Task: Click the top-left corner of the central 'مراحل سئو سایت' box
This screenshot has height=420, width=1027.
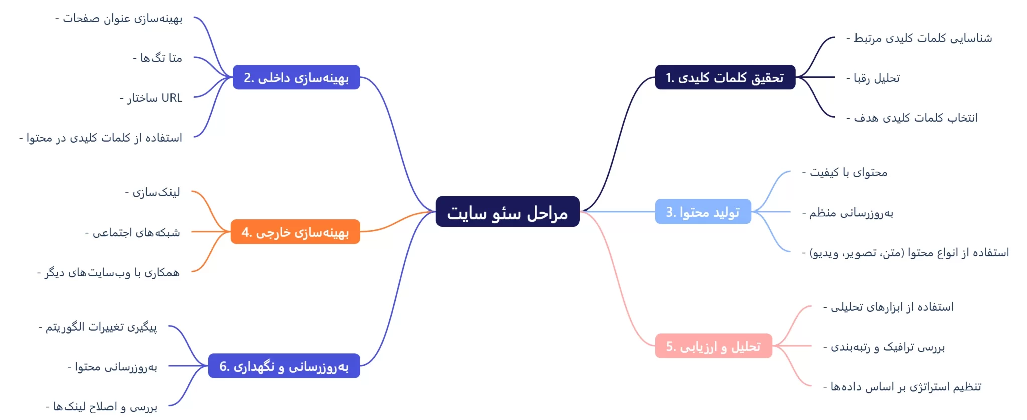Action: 436,196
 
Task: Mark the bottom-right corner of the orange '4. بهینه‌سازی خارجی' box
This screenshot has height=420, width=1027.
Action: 360,244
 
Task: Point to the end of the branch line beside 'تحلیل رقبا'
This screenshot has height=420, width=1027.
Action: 834,77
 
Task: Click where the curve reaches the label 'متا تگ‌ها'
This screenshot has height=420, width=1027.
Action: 194,58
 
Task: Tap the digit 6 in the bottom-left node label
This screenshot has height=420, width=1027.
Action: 223,366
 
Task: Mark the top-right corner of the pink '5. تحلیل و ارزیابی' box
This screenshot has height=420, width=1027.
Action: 772,334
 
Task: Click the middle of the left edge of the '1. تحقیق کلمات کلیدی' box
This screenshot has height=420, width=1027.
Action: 655,77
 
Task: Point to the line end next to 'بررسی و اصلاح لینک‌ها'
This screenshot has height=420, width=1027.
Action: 169,405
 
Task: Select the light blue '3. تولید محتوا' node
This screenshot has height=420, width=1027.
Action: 703,212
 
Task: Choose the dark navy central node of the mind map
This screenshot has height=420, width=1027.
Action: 507,212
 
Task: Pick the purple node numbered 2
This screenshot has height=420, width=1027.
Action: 296,77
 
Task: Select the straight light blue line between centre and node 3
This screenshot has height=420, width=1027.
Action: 617,212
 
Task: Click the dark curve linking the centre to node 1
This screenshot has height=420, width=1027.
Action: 617,144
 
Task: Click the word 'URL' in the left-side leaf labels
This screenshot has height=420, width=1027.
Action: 172,98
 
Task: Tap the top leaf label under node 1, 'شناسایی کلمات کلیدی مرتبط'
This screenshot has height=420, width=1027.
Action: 919,38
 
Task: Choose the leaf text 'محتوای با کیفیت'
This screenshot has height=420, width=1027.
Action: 844,173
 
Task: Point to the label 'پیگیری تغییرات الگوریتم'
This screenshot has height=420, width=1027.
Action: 98,327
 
